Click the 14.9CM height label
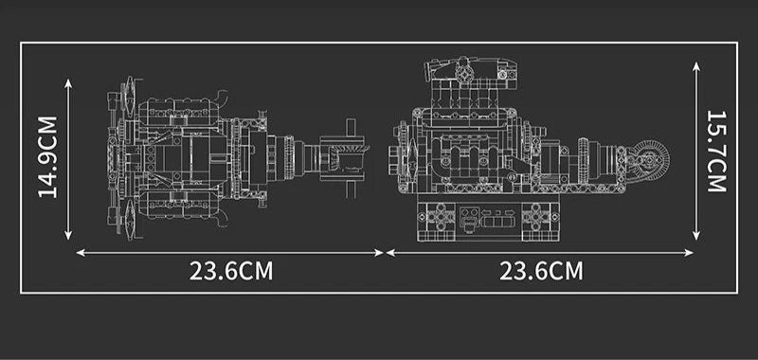[x=47, y=157]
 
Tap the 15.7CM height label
[x=716, y=152]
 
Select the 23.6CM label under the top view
[x=230, y=271]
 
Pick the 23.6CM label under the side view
[x=541, y=271]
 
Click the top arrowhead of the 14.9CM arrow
[x=68, y=83]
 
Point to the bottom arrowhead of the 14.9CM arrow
[x=68, y=235]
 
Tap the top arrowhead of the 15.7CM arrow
[x=696, y=66]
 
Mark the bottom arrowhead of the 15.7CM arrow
[x=696, y=235]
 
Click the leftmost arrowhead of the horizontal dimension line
[x=81, y=252]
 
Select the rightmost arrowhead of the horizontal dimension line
[x=689, y=252]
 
